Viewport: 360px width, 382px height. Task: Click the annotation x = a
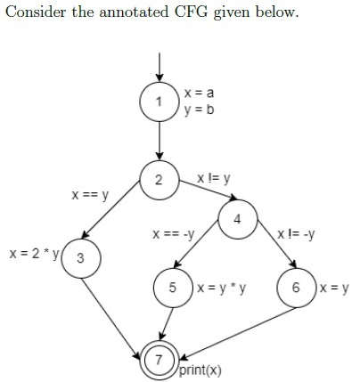point(199,93)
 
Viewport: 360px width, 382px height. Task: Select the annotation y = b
point(199,110)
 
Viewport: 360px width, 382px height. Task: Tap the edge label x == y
point(90,195)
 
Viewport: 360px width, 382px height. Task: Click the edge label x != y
point(214,178)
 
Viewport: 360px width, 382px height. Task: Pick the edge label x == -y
point(174,234)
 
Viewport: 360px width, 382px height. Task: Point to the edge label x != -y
point(296,234)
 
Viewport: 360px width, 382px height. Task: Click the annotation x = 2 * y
point(34,254)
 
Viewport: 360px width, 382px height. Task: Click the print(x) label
point(200,370)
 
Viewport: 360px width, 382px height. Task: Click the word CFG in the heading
point(192,12)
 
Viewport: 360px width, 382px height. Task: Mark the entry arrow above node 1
point(160,67)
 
